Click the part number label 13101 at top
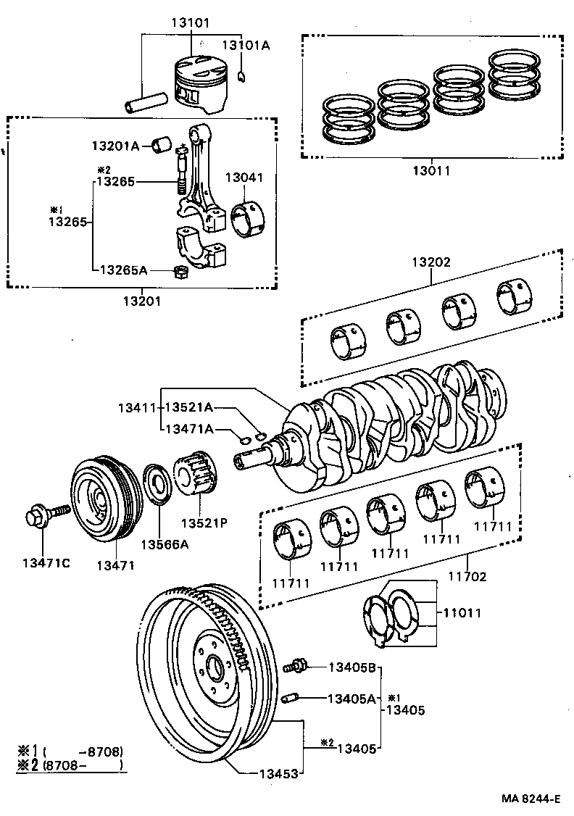[191, 22]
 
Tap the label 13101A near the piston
[245, 45]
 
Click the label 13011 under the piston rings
[432, 172]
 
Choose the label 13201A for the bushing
[115, 146]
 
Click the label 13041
[244, 178]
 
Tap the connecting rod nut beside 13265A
[182, 272]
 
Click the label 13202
[432, 262]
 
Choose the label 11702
[467, 577]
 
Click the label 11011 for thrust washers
[462, 612]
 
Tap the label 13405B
[352, 667]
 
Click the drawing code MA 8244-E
[531, 799]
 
